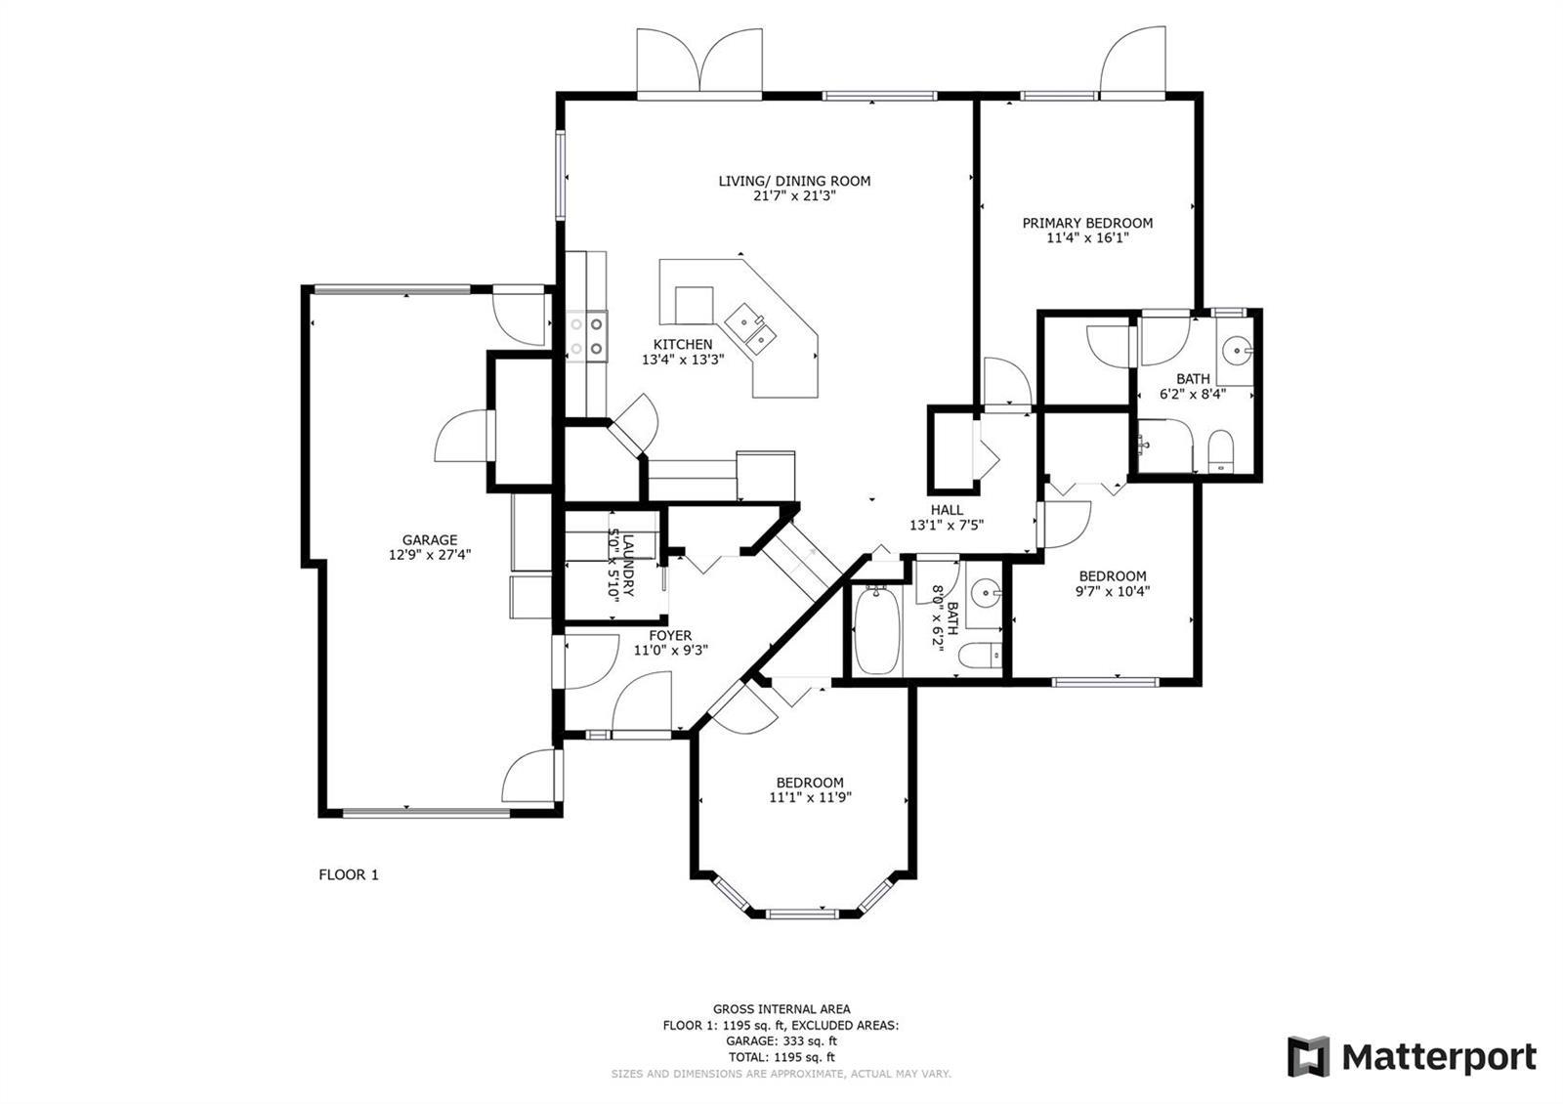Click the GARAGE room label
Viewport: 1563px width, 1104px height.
[429, 539]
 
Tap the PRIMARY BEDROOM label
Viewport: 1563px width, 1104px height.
[1087, 223]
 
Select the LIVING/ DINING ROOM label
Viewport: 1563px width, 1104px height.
[794, 181]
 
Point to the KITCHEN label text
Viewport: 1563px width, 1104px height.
[683, 344]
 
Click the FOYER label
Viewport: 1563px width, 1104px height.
[670, 635]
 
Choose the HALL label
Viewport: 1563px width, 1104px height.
[947, 509]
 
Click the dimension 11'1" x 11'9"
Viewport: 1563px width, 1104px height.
[810, 797]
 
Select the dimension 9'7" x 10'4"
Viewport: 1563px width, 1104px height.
[1113, 591]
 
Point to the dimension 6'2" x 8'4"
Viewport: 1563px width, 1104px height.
[1193, 394]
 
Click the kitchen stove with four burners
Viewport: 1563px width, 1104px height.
[586, 336]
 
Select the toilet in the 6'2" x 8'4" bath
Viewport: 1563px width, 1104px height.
[1220, 452]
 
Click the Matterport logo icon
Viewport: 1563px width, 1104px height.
[1308, 1056]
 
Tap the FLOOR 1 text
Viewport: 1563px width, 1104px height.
[348, 874]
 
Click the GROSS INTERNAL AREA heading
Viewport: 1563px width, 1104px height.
[781, 1008]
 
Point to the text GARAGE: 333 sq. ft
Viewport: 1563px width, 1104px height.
[781, 1041]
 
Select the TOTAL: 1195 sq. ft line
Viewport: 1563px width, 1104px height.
[781, 1057]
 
